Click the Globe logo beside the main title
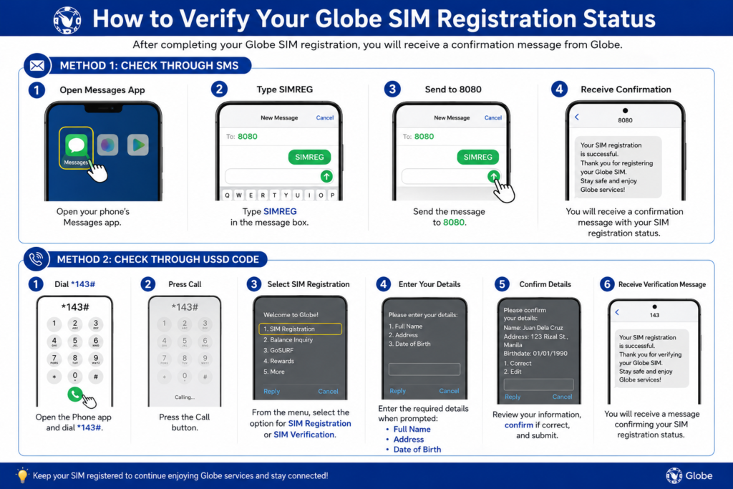[x=67, y=20]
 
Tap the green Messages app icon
[x=76, y=145]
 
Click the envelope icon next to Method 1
[x=37, y=66]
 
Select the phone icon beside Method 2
[x=36, y=259]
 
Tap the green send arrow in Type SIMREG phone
[x=326, y=176]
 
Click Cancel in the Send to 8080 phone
[x=492, y=118]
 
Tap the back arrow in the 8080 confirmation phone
[x=577, y=117]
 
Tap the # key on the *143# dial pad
[x=95, y=377]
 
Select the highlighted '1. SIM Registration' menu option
[x=300, y=329]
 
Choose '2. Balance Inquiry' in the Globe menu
[x=288, y=340]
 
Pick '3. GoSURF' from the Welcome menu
[x=278, y=350]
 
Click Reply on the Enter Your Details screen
[x=397, y=391]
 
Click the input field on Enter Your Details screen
[x=424, y=369]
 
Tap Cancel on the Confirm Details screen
[x=562, y=397]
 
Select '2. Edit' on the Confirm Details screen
[x=513, y=372]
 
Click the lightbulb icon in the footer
[x=22, y=475]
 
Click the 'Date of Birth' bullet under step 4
[x=417, y=449]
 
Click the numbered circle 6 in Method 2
[x=607, y=284]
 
